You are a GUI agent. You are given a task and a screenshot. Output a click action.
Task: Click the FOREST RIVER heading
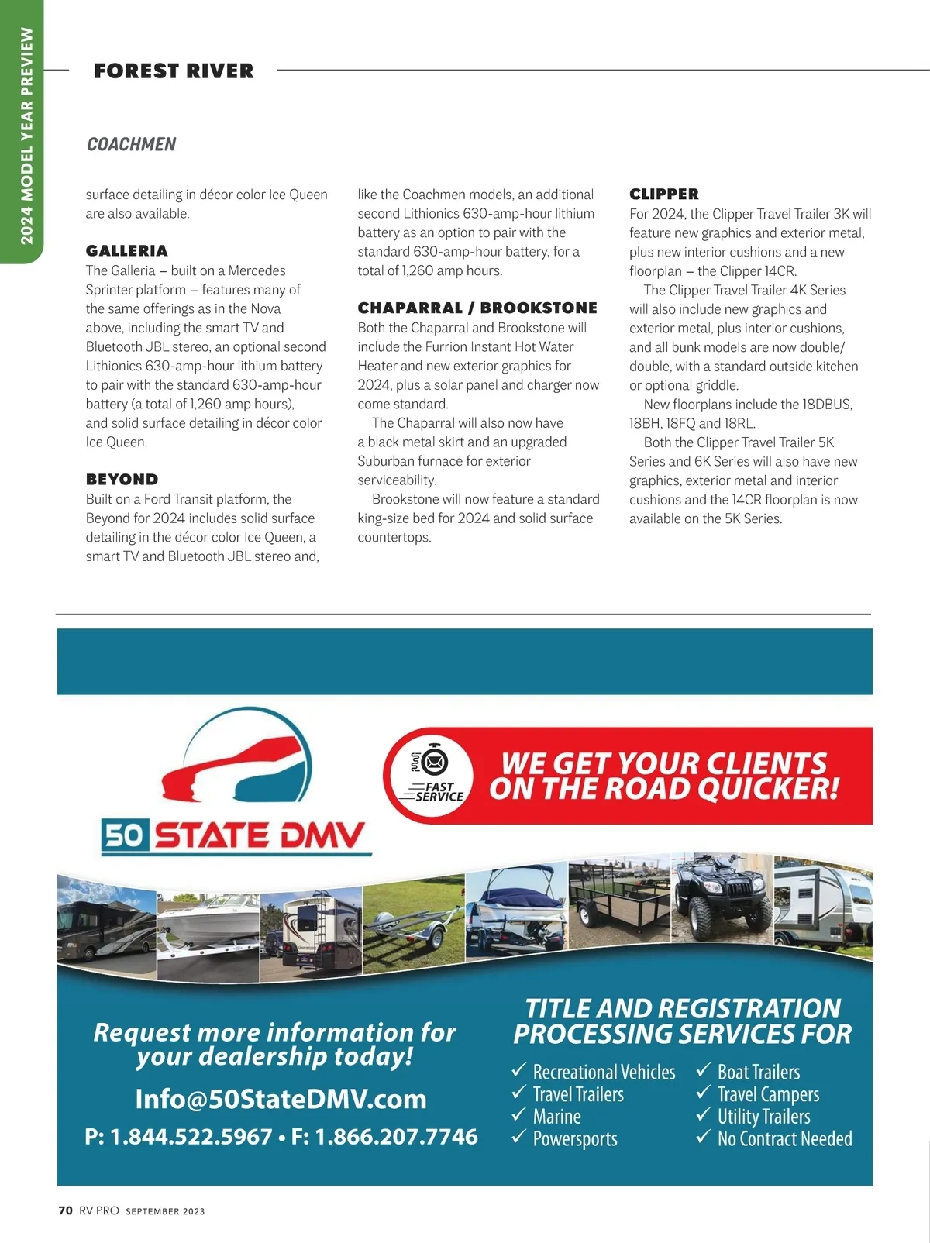point(174,71)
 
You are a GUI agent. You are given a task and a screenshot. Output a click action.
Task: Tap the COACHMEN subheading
point(131,144)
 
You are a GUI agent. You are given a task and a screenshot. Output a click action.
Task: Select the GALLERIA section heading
point(126,250)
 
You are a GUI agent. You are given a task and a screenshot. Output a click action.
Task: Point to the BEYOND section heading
point(122,479)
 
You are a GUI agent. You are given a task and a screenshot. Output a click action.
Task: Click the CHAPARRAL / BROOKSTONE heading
point(477,308)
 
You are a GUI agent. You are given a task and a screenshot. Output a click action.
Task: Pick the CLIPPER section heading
point(663,194)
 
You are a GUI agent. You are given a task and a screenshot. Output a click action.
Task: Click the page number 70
point(66,1210)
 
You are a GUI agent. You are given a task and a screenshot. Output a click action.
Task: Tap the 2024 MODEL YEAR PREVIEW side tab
point(26,136)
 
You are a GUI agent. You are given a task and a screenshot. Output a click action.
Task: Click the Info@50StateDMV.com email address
point(281,1099)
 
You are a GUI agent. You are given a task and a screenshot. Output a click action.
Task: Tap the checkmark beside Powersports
point(519,1138)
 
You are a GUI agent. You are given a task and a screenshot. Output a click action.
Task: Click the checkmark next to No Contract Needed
point(704,1138)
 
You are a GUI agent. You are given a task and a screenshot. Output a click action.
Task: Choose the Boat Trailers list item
point(758,1072)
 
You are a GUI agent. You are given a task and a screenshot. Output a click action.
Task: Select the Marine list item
point(556,1117)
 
